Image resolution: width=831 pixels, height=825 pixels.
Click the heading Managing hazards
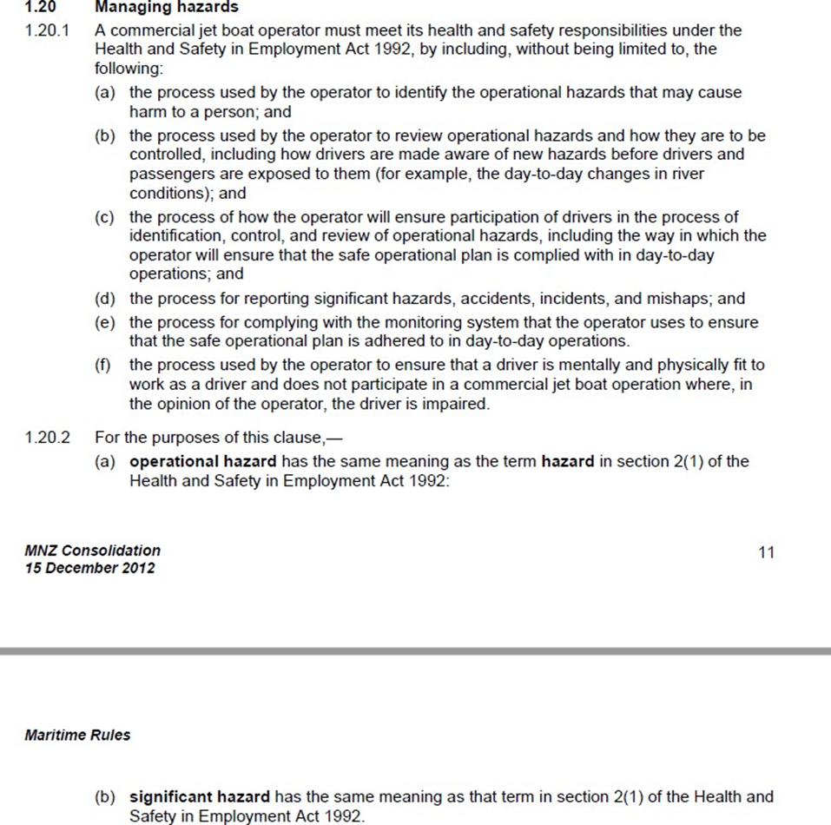166,7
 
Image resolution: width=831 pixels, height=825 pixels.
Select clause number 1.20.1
47,30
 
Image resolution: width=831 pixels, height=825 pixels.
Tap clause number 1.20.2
47,438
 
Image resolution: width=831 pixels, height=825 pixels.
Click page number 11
765,552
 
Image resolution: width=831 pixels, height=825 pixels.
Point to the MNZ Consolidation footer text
93,551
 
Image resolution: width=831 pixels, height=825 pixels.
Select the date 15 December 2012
90,568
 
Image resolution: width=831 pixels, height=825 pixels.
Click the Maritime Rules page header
77,735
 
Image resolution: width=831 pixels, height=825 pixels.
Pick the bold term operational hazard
203,462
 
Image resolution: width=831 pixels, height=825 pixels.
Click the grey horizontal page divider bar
415,650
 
